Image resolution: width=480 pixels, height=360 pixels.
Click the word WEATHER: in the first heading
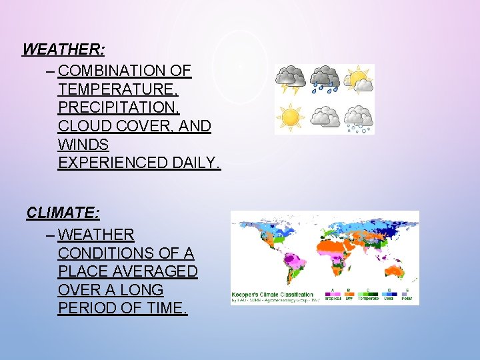64,49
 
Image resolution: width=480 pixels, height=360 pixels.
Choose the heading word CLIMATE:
63,213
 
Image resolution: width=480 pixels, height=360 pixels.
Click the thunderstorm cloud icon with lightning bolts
291,79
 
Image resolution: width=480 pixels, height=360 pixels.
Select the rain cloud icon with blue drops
325,79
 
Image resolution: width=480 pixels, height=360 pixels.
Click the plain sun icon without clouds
291,117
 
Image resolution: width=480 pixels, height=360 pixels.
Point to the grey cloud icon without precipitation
325,117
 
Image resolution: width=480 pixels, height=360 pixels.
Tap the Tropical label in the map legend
332,299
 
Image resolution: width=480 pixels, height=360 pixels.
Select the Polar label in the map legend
407,299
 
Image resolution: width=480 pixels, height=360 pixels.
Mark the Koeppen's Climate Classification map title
272,294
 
